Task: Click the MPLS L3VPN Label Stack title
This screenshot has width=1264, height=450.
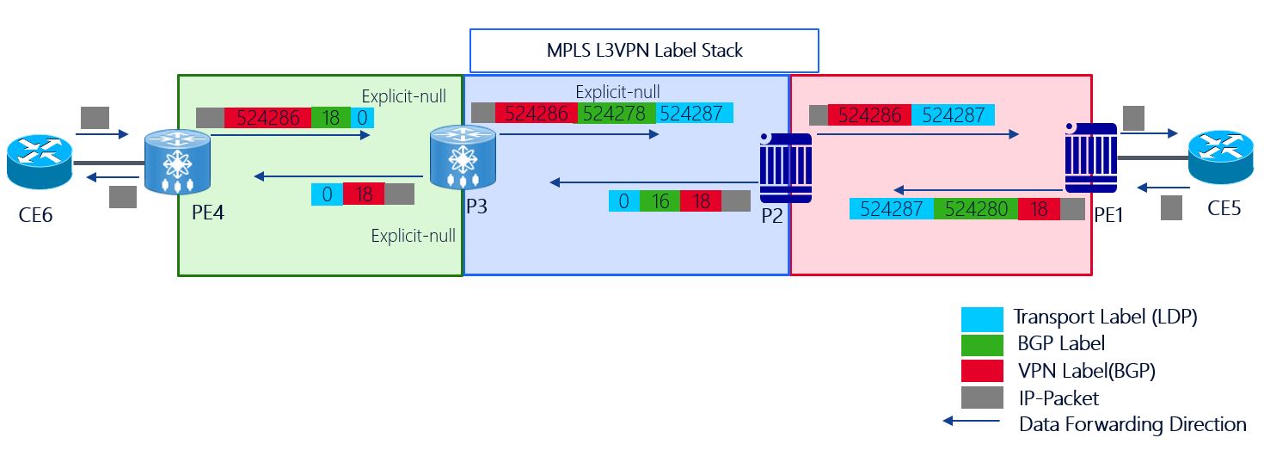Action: tap(644, 50)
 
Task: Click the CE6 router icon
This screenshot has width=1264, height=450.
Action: tap(40, 163)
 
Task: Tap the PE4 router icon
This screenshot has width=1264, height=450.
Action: tap(178, 161)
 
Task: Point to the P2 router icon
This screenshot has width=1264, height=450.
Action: tap(784, 167)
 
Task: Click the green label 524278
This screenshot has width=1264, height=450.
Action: tap(615, 113)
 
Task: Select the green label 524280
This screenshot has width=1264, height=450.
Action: tap(975, 209)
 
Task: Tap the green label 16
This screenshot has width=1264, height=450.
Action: tap(660, 201)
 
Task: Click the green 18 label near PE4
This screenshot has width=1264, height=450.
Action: tap(330, 118)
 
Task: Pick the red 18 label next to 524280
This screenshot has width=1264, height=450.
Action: tap(1039, 209)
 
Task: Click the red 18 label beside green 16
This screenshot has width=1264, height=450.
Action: tap(701, 201)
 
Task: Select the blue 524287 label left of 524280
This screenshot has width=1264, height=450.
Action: tap(891, 209)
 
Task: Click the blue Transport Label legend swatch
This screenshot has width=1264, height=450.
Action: tap(982, 317)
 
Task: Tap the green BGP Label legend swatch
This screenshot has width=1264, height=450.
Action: tap(982, 344)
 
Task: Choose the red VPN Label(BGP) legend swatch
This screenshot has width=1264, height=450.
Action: tap(982, 371)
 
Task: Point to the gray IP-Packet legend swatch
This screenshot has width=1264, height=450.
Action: tap(982, 398)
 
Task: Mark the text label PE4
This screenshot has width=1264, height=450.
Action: tap(208, 213)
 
